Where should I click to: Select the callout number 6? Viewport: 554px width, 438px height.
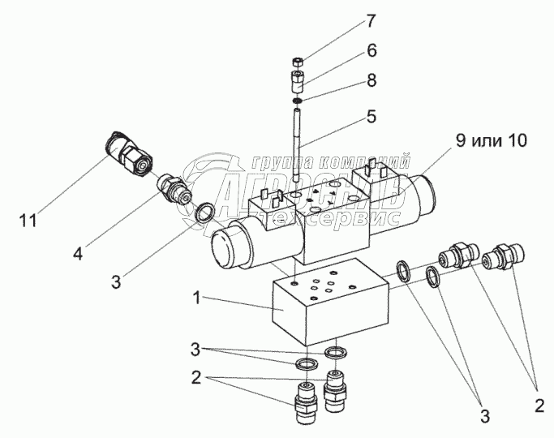point(371,50)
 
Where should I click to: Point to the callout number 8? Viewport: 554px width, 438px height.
point(371,80)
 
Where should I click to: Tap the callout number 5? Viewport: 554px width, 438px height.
point(371,116)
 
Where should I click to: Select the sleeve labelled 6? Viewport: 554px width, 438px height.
point(298,82)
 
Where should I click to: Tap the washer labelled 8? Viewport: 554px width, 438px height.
point(298,101)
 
